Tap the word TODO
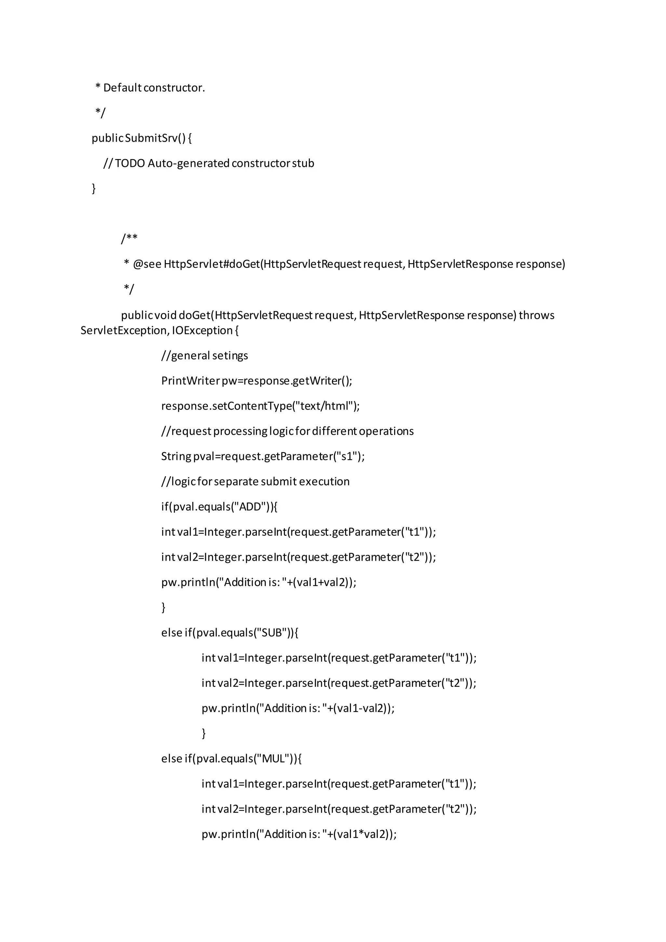tap(130, 163)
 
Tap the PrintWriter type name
tap(190, 381)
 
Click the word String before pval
tap(176, 456)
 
